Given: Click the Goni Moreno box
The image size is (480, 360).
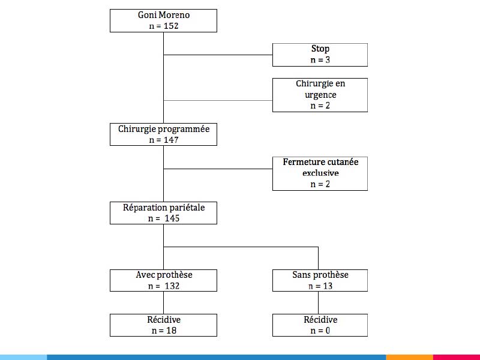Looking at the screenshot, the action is coord(163,20).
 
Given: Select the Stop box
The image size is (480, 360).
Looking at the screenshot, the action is coord(320,55).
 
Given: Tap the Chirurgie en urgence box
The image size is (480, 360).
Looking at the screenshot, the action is coord(320,95).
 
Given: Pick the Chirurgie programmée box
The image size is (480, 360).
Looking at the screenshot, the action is coord(163,134).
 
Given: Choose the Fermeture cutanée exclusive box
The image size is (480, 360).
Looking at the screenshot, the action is coord(320,173).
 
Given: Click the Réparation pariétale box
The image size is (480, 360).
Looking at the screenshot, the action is coord(163,213).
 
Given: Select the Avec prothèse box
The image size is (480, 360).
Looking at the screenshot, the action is coord(163,280).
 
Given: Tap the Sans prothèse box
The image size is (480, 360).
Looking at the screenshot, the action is coord(320,280).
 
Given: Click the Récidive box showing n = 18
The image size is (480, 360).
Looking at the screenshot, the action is coord(163,325).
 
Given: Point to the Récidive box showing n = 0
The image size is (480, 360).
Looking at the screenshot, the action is coord(320,325).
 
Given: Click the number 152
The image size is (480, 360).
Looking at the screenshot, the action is coord(171,26).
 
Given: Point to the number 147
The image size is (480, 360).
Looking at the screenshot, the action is coord(171,140).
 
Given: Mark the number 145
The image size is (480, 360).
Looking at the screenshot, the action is coord(172,218).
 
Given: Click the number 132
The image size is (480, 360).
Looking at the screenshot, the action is coord(172,286).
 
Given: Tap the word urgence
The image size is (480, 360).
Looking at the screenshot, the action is coord(320,95).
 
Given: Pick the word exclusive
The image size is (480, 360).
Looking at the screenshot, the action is coord(320,173).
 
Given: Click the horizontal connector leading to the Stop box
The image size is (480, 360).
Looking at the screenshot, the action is coord(218,55).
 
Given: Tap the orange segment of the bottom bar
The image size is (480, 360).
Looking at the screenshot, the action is coord(410,357).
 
